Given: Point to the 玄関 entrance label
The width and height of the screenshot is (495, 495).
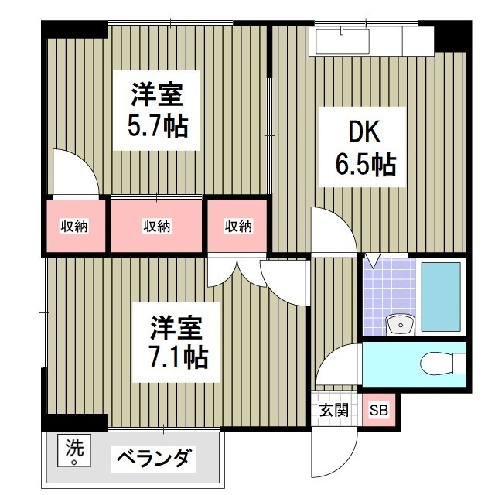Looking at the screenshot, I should pos(334,411).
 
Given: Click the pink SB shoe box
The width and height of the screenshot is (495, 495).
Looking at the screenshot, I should pos(379,411).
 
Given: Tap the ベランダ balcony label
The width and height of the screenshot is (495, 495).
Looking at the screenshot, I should pos(154,457).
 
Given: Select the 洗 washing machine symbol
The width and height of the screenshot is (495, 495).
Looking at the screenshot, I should pos(73,449).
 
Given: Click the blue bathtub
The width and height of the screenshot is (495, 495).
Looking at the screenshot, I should pos(441,297).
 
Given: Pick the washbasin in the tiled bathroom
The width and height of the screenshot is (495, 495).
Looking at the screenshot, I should pos(399,324).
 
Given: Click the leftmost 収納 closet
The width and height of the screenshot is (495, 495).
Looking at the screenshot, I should pos(74,226).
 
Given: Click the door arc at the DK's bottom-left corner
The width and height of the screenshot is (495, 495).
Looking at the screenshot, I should pos(329,230).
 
